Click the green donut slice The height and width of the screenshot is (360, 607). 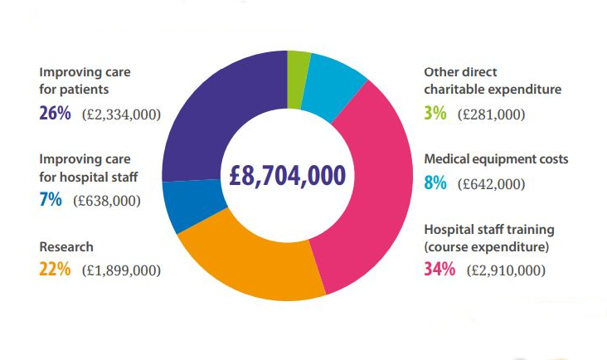(x=298, y=80)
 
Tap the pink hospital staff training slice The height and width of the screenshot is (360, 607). (x=371, y=186)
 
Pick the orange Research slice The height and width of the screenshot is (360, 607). (x=248, y=263)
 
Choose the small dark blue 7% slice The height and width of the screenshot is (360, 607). (x=192, y=204)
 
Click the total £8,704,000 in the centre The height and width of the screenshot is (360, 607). (x=287, y=175)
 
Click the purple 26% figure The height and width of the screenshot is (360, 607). (x=55, y=114)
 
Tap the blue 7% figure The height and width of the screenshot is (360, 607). (x=51, y=200)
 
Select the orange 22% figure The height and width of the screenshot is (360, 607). (x=55, y=269)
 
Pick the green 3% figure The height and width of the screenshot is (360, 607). (x=435, y=114)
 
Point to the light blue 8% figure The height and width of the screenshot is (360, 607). (x=435, y=183)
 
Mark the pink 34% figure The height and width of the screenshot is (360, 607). (x=439, y=269)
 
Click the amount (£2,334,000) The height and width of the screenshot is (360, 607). (x=121, y=114)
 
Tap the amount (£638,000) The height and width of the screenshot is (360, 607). (x=107, y=201)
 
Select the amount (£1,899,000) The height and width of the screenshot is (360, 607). (x=121, y=270)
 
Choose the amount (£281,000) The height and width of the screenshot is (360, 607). (x=491, y=114)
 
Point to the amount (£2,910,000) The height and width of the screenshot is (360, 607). (x=506, y=270)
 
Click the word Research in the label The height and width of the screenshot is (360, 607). (x=66, y=246)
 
